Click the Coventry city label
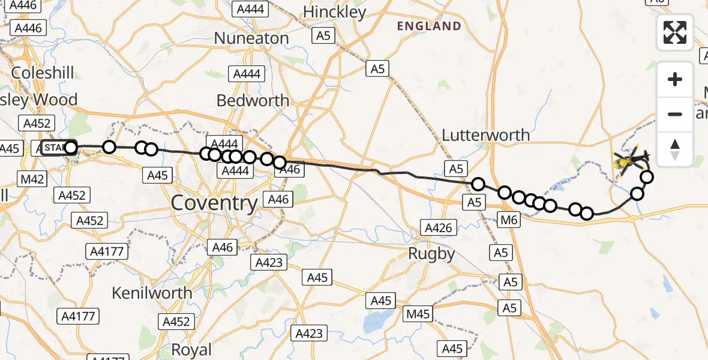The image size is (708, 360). [214, 203]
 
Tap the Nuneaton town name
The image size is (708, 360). [251, 38]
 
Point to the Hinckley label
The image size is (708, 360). [334, 12]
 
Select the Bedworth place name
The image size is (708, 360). [253, 100]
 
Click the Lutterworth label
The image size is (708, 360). [485, 135]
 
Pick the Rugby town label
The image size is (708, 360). [431, 254]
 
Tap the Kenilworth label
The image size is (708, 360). [152, 293]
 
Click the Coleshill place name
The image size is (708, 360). [43, 73]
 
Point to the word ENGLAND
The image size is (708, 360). [429, 26]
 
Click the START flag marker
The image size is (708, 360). [55, 148]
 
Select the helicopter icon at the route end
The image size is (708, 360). [629, 161]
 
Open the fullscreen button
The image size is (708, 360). [675, 32]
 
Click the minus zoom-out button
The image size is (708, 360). [675, 114]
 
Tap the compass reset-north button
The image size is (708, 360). [675, 149]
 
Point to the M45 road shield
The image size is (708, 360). [418, 314]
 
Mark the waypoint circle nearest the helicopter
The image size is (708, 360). [647, 176]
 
